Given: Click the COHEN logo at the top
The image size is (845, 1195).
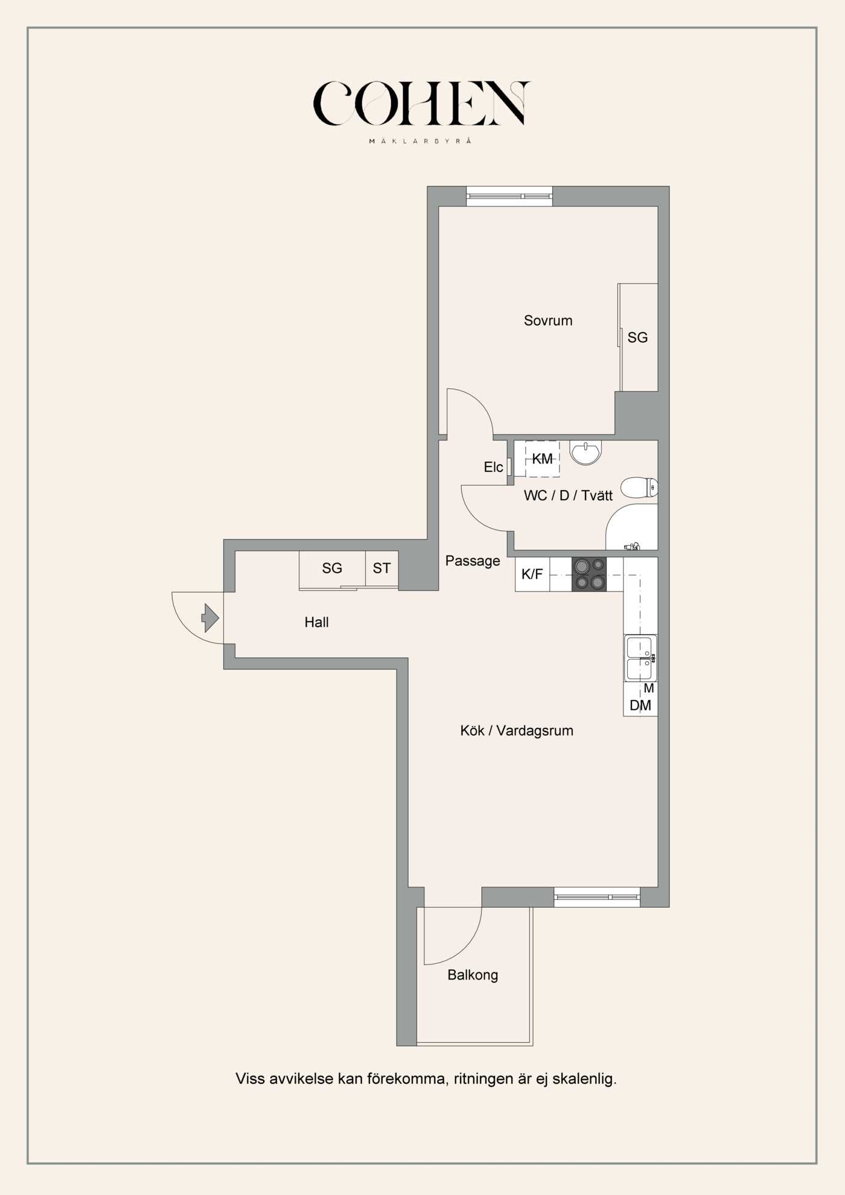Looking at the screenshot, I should (421, 104).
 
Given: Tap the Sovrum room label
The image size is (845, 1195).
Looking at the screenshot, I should (548, 320).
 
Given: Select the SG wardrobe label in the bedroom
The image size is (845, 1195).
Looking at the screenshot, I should (637, 337).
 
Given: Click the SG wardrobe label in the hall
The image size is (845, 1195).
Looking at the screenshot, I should (332, 568).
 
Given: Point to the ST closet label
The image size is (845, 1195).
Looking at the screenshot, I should (381, 568).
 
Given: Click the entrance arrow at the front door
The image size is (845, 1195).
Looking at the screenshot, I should (210, 617).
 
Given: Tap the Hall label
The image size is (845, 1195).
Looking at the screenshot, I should (316, 622).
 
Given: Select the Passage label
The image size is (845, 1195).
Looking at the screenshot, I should (473, 561).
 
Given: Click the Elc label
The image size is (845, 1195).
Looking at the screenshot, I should (493, 467).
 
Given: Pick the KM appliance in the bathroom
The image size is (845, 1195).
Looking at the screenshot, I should (542, 459).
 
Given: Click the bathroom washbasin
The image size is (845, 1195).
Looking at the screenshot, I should (585, 452).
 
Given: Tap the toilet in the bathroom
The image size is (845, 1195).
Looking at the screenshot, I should (639, 487).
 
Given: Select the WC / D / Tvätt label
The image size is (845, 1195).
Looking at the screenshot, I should (568, 496).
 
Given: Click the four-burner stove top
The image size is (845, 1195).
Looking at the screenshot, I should (589, 574).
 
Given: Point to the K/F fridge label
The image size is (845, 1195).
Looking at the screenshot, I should (532, 574).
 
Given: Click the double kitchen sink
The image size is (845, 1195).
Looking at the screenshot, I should (640, 658).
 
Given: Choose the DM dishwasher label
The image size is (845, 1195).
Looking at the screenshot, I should (640, 706).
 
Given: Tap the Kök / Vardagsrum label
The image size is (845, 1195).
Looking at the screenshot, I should (517, 731).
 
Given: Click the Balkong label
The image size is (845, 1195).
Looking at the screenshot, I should (473, 975).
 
